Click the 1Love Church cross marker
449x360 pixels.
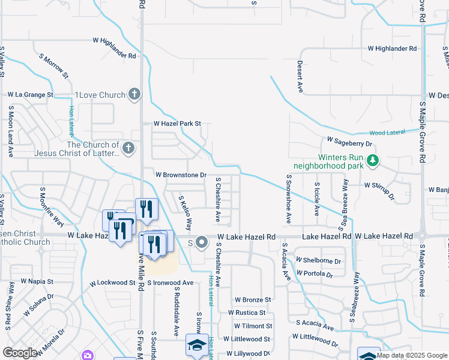pyautogui.click(x=134, y=94)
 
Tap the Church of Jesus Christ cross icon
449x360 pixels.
pyautogui.click(x=127, y=148)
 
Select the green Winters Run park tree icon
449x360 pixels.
pyautogui.click(x=373, y=160)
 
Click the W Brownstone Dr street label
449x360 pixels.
pyautogui.click(x=181, y=175)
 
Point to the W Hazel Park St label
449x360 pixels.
pyautogui.click(x=176, y=124)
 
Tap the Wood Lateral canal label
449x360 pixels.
pyautogui.click(x=387, y=132)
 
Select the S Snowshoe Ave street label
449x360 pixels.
pyautogui.click(x=289, y=199)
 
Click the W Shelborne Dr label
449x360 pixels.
pyautogui.click(x=318, y=261)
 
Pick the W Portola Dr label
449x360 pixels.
pyautogui.click(x=314, y=274)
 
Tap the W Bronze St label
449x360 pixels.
pyautogui.click(x=253, y=299)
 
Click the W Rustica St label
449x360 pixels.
pyautogui.click(x=247, y=313)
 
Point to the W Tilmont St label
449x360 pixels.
pyautogui.click(x=250, y=326)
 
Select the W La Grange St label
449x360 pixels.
pyautogui.click(x=31, y=95)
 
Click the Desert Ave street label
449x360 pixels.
pyautogui.click(x=300, y=76)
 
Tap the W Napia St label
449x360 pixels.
pyautogui.click(x=37, y=281)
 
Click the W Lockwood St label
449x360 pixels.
pyautogui.click(x=113, y=282)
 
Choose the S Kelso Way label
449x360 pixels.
pyautogui.click(x=184, y=212)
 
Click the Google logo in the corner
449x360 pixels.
pyautogui.click(x=20, y=353)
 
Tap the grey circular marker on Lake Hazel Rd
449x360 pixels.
pyautogui.click(x=202, y=242)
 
